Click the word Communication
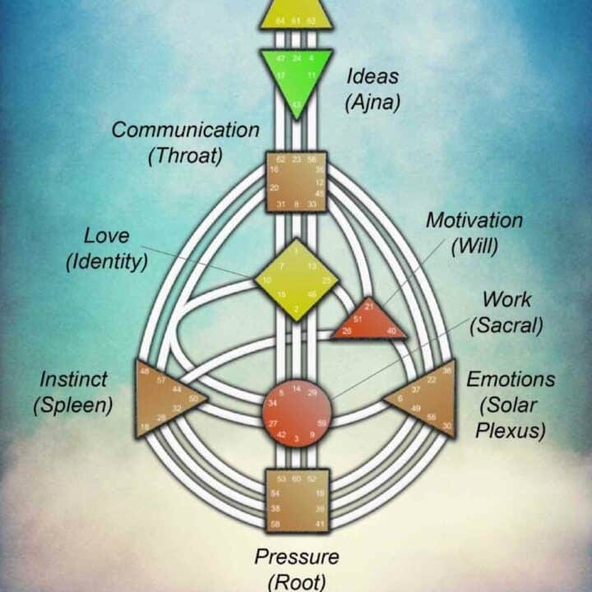185,129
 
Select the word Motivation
474,220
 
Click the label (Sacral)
506,325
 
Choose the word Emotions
511,379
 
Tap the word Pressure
296,557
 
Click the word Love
107,236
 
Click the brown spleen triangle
164,399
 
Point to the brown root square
297,501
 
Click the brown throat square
296,182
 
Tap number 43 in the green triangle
297,104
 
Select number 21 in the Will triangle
369,307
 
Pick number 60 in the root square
297,478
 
